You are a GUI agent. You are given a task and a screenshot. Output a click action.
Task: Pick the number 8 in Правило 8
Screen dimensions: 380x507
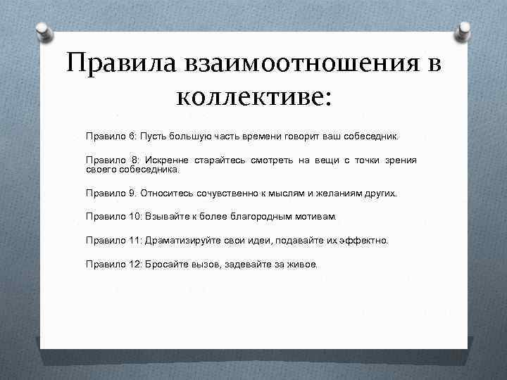[x=134, y=161]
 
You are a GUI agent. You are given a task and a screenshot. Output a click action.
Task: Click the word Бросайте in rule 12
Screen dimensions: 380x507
[x=165, y=265]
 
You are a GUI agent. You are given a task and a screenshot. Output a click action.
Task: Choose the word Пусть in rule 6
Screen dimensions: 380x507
[x=153, y=134]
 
